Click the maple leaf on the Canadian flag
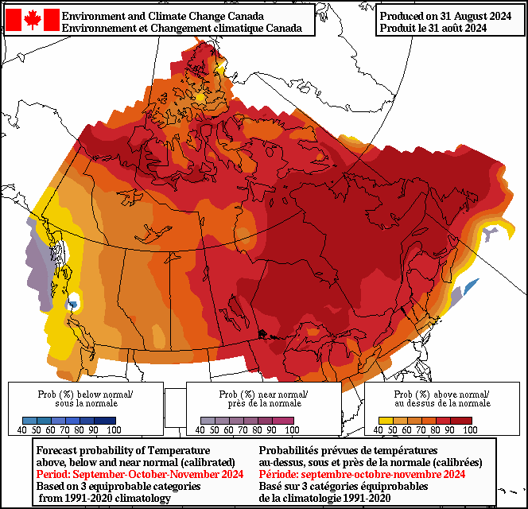[33, 20]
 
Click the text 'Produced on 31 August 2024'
[444, 16]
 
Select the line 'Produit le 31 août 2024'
[433, 29]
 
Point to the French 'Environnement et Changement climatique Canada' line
[181, 29]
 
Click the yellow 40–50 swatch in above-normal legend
[385, 420]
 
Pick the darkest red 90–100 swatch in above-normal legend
[464, 420]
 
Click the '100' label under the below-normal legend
[114, 430]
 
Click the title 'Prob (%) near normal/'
[263, 394]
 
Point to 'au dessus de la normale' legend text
[442, 403]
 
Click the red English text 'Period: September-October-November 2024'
[139, 474]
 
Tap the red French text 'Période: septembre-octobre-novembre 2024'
[363, 474]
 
